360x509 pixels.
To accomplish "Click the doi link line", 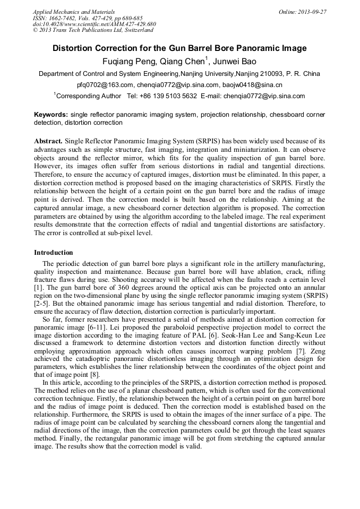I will [x=94, y=24].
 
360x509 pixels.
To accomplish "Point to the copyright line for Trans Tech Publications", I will [x=93, y=30].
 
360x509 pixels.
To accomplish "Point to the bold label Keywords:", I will [x=51, y=115].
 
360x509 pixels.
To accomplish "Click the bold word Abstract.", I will [x=48, y=141].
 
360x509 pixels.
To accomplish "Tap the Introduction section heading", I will [x=54, y=253].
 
